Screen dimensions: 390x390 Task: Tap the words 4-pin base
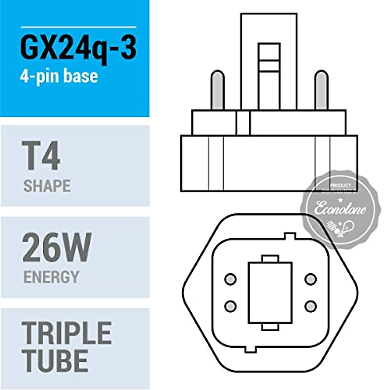pos(59,76)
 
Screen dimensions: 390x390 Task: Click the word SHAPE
pos(47,186)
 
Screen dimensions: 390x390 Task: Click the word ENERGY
pos(51,277)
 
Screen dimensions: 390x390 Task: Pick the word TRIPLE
pos(67,333)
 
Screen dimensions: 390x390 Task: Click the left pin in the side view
pos(217,90)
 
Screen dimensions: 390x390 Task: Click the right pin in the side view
pos(321,90)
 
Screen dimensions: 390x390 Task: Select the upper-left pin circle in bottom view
pos(230,279)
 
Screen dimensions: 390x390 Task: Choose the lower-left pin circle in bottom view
pos(230,306)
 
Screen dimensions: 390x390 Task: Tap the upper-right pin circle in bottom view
pos(311,279)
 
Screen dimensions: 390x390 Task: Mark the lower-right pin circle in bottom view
pos(311,306)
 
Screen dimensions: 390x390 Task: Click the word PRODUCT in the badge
pos(340,186)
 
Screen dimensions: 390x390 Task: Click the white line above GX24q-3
pos(78,27)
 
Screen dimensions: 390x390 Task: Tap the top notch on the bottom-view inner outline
pos(290,235)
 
